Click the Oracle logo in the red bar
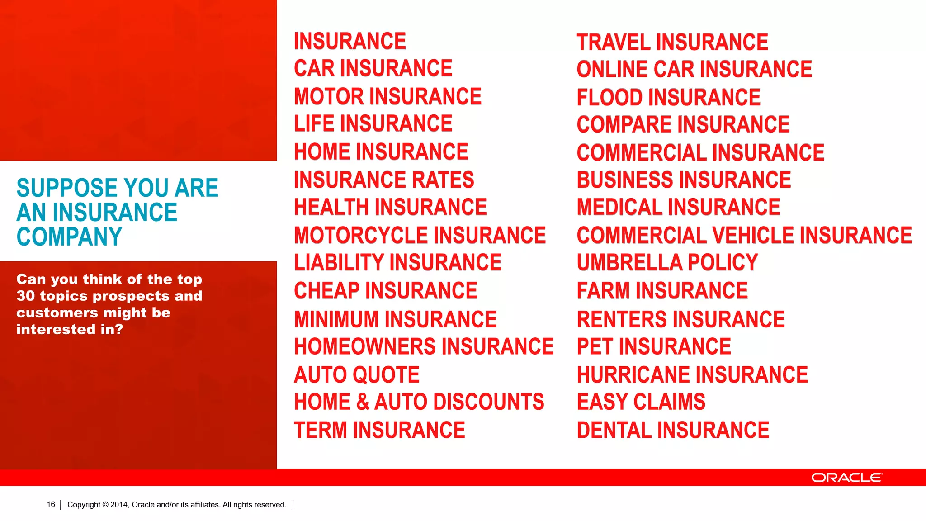(846, 478)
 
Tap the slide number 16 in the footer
(51, 504)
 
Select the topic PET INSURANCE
(654, 347)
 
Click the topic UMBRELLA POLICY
(667, 263)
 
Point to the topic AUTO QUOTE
(357, 375)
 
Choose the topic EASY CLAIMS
(641, 402)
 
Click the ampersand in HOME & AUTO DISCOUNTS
(363, 402)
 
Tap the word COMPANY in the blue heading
(69, 237)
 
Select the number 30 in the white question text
(25, 296)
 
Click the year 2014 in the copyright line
(119, 505)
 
